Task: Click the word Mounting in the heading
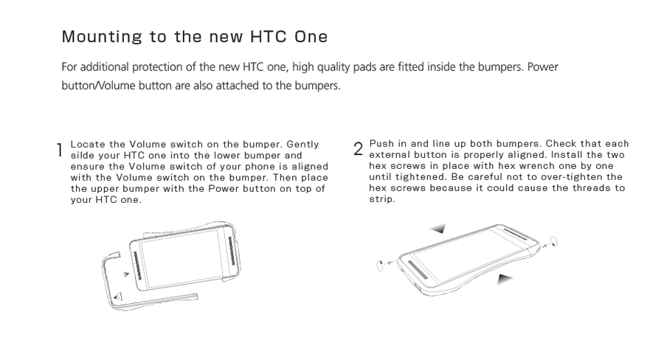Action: pos(102,37)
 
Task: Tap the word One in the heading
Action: pos(311,36)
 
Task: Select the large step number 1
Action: pos(60,150)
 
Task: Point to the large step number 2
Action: pos(359,149)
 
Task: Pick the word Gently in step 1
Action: pos(302,145)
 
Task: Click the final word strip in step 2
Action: pos(382,199)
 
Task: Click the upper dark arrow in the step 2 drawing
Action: pos(438,228)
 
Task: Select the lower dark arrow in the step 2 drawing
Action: pos(505,279)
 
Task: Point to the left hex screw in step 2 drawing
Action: pos(380,266)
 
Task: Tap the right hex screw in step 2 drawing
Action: pos(553,242)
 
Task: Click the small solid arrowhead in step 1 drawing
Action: pos(126,274)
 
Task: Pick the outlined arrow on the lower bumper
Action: pos(118,297)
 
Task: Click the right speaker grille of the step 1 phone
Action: pos(231,251)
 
